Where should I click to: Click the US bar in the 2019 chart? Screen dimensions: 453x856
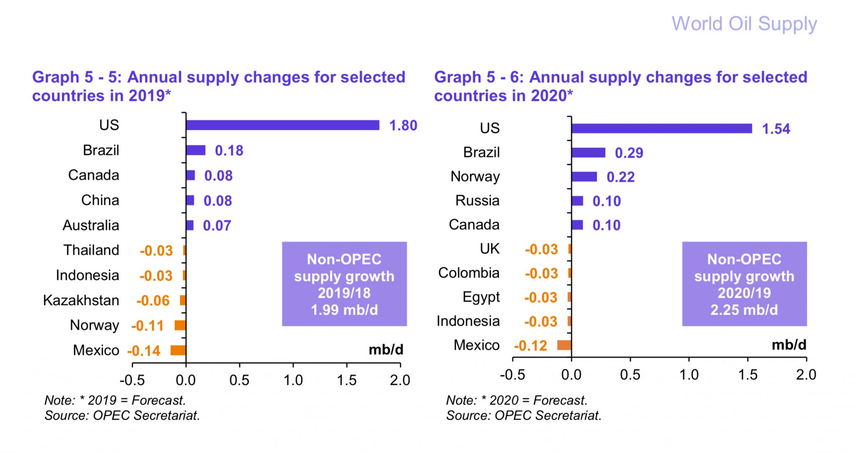[x=283, y=125]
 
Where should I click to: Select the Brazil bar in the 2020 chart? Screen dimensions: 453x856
[x=588, y=153]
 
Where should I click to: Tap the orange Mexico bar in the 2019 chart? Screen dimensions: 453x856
[x=178, y=350]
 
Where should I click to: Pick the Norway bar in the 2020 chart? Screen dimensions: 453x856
[x=584, y=177]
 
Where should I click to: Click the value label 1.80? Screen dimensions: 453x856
[x=403, y=125]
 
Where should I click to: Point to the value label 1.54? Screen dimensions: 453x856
[x=776, y=129]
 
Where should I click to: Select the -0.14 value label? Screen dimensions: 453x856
[x=144, y=351]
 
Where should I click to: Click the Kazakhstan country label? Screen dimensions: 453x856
[x=81, y=300]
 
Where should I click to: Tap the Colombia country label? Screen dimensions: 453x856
[x=469, y=273]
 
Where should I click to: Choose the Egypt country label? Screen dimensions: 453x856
[x=481, y=297]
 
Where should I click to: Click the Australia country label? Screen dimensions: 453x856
[x=91, y=225]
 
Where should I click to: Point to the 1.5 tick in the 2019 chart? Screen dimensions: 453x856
[x=346, y=380]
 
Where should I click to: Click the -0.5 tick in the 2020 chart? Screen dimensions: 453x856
[x=512, y=375]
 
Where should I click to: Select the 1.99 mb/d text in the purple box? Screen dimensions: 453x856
[x=344, y=310]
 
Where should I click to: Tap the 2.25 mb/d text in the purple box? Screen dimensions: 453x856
[x=744, y=310]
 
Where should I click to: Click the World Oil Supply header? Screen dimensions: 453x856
[x=744, y=24]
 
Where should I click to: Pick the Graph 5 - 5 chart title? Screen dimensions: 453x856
[x=219, y=86]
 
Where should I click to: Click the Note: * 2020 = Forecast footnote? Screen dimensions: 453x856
[x=517, y=400]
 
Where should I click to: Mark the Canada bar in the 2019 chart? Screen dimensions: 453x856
[x=191, y=175]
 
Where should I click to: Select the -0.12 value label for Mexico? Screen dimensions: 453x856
[x=530, y=346]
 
